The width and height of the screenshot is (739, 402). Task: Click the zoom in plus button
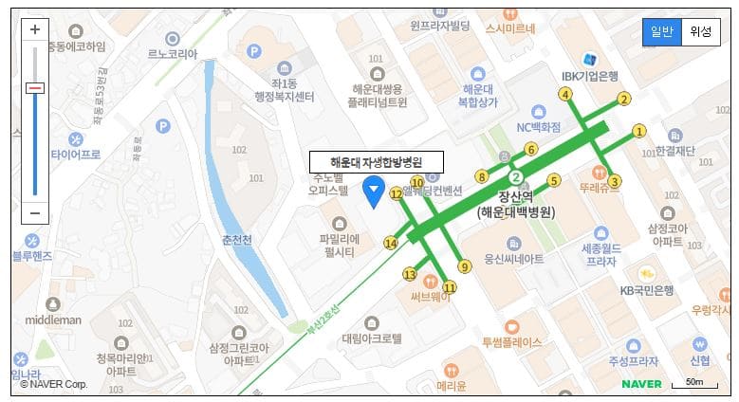point(35,29)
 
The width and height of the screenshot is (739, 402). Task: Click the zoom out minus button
point(35,212)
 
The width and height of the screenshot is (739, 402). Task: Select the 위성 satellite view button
point(700,32)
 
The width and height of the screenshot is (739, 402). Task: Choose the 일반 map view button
point(661,32)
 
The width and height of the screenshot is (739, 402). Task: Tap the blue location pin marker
point(375,192)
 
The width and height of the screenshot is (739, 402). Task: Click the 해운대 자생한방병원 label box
point(377,161)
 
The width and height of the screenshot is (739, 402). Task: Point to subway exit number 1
point(638,131)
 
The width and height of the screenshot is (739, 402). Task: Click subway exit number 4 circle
point(565,94)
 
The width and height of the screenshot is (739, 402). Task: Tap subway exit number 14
point(391,244)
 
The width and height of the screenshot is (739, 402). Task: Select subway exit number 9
point(464,266)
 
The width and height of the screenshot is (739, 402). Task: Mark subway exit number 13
point(410,274)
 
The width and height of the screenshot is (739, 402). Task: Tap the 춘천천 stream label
point(235,240)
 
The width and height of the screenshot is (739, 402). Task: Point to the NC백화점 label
point(538,127)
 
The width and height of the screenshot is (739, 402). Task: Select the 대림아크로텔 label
point(371,338)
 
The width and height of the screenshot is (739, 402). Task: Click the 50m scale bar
point(693,383)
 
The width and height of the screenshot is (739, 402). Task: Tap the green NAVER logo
point(642,384)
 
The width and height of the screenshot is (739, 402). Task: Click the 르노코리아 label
point(172,55)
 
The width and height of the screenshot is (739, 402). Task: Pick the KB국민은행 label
point(646,290)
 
